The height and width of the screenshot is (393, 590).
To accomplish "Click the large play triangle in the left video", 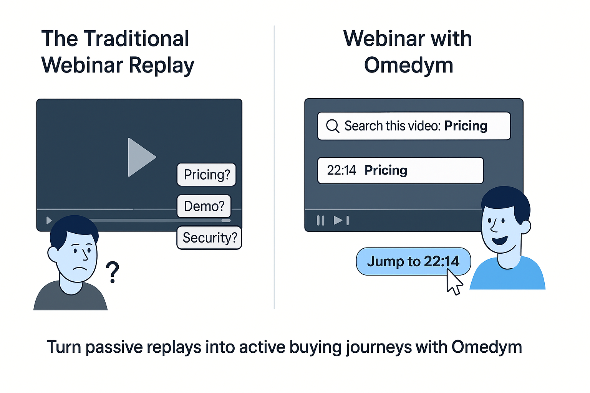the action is pyautogui.click(x=139, y=157).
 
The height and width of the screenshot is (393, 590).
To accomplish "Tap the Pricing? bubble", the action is pyautogui.click(x=207, y=175).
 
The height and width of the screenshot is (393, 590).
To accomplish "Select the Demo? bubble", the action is pyautogui.click(x=204, y=206).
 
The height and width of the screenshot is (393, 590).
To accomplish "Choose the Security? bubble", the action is pyautogui.click(x=209, y=238).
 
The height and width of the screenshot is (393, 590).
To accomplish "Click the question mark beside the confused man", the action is pyautogui.click(x=113, y=272).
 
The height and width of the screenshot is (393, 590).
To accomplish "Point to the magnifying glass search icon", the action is pyautogui.click(x=332, y=126).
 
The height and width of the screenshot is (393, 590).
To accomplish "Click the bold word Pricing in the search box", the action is pyautogui.click(x=466, y=126).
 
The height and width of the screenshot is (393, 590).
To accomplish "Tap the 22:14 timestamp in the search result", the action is pyautogui.click(x=341, y=170).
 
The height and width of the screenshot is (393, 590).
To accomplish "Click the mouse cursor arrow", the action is pyautogui.click(x=454, y=282).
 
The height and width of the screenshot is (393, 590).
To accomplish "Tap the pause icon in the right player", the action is pyautogui.click(x=321, y=220).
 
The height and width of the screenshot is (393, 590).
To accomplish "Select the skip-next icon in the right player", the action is pyautogui.click(x=341, y=220).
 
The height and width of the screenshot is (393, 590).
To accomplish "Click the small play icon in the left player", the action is pyautogui.click(x=49, y=220).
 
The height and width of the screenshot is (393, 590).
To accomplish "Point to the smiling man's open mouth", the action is pyautogui.click(x=500, y=240).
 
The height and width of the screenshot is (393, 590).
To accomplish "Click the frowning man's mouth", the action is pyautogui.click(x=80, y=269).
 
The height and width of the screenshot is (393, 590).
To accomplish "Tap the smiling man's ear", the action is pyautogui.click(x=525, y=227).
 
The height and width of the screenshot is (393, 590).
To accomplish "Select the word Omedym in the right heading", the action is pyautogui.click(x=409, y=65).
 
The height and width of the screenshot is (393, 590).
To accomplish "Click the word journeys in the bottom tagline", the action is pyautogui.click(x=379, y=347).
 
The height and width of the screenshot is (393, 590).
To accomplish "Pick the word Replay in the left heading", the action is pyautogui.click(x=161, y=66).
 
